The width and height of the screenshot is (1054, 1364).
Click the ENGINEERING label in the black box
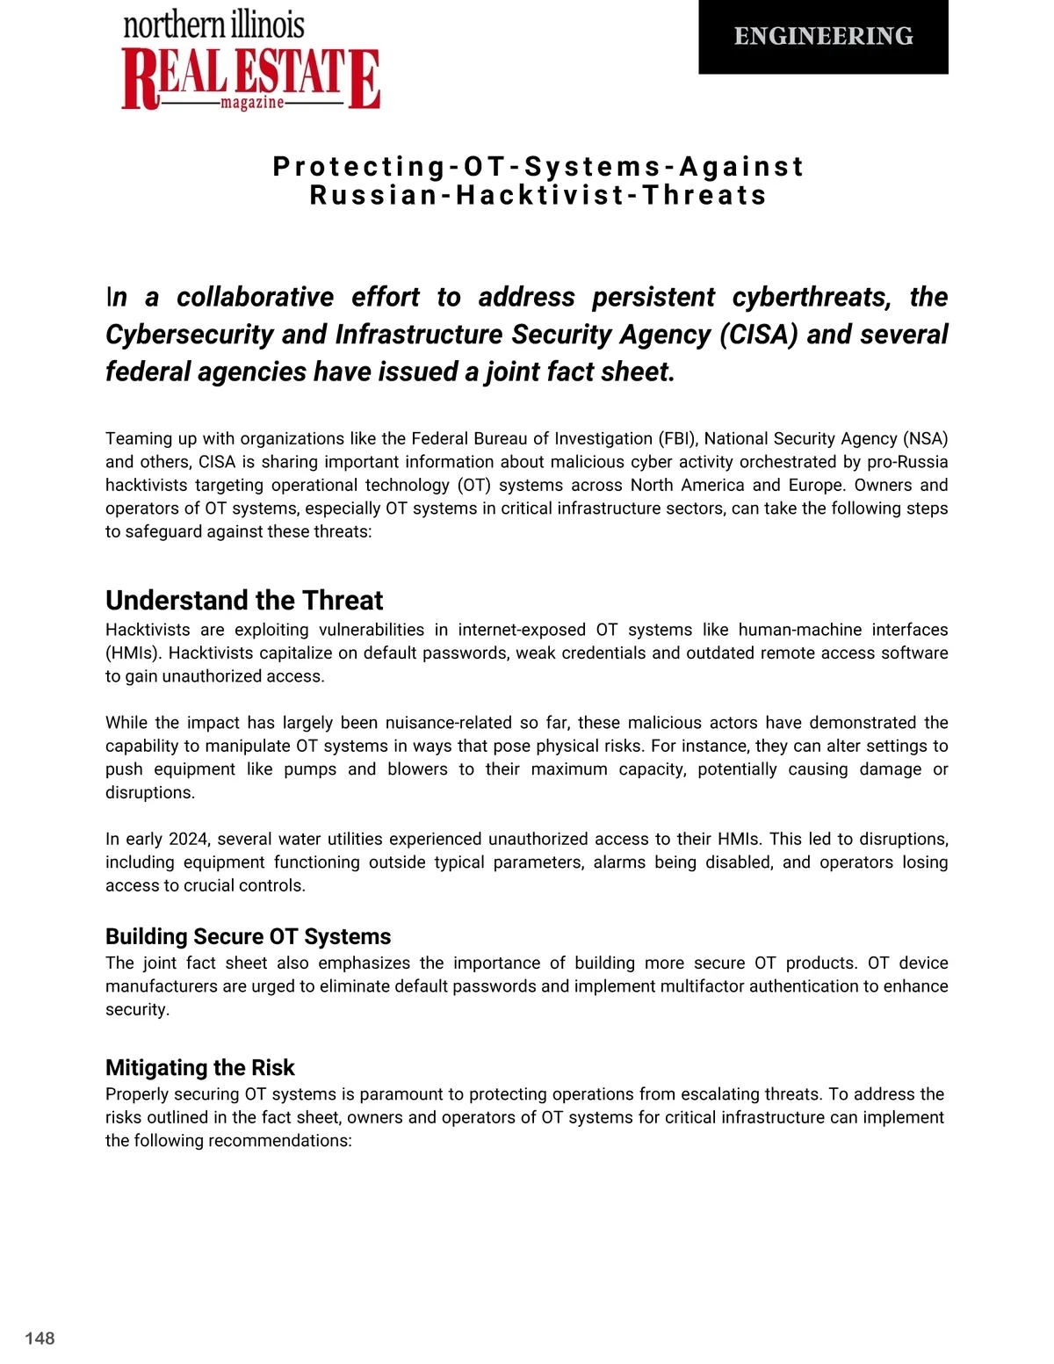pyautogui.click(x=823, y=36)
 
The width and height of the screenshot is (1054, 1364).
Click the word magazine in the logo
pyautogui.click(x=252, y=103)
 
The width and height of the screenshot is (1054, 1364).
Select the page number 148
pyautogui.click(x=40, y=1338)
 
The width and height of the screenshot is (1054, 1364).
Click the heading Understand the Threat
pyautogui.click(x=244, y=600)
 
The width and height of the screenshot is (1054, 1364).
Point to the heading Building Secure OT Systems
pyautogui.click(x=248, y=936)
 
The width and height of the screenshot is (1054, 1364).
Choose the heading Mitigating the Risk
pyautogui.click(x=199, y=1067)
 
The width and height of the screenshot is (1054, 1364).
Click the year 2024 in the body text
pyautogui.click(x=188, y=839)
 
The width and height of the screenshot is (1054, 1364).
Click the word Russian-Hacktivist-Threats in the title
pyautogui.click(x=538, y=195)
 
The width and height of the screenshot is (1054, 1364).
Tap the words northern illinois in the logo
pyautogui.click(x=213, y=25)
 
